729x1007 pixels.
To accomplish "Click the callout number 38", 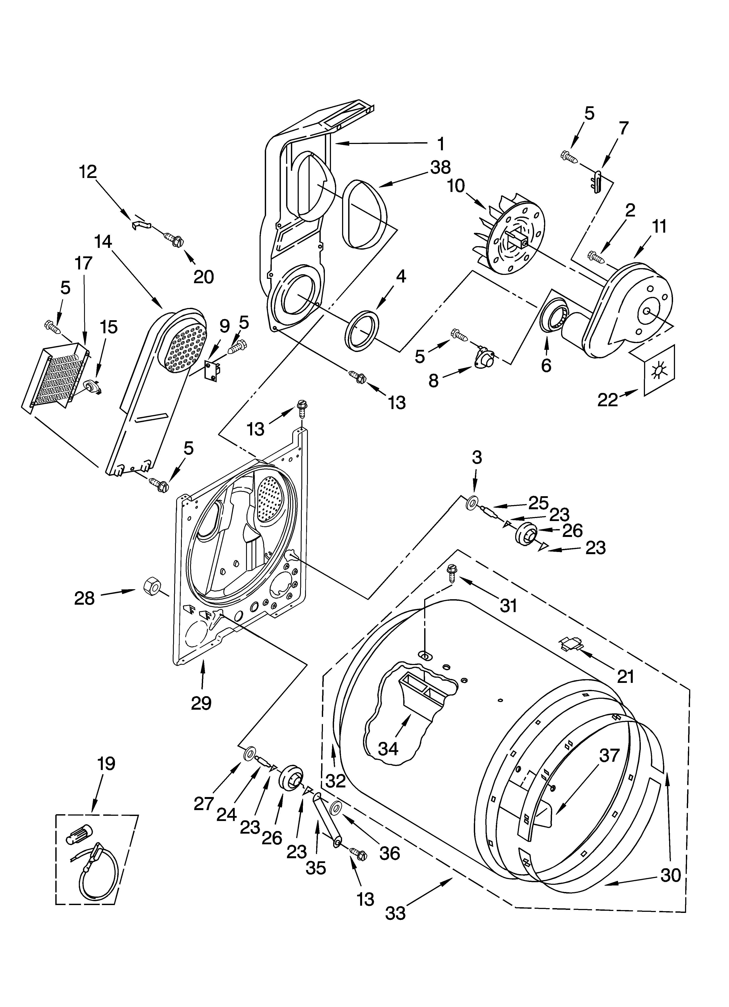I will tap(440, 167).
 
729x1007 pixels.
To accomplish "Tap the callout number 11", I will tap(659, 227).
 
